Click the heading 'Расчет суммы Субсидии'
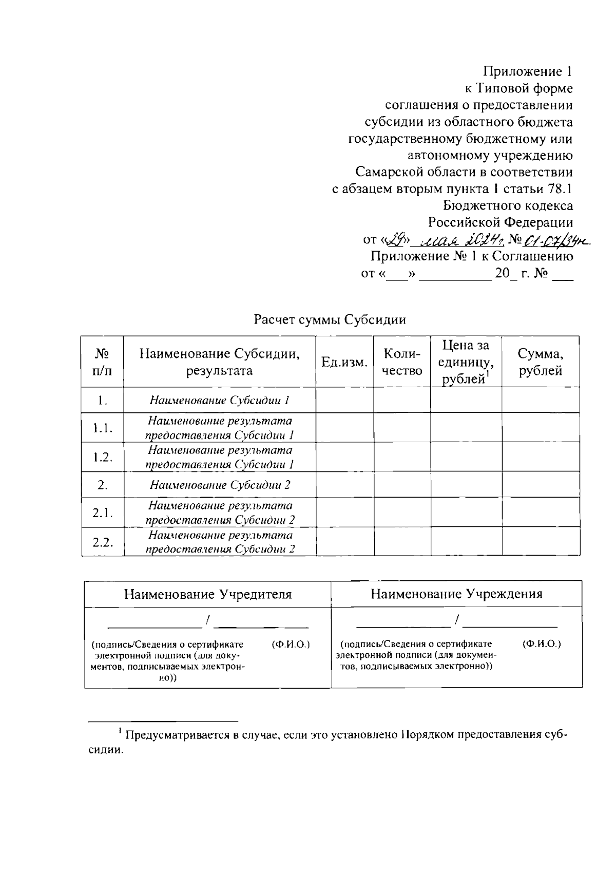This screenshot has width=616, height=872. (330, 320)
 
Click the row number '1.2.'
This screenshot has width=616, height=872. (103, 458)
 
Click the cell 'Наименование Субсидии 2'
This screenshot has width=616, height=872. (220, 485)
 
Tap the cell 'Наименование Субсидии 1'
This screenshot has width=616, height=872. (220, 401)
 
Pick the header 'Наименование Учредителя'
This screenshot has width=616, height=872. (208, 595)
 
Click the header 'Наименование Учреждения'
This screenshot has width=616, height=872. (457, 595)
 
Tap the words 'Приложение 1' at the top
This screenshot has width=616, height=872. (528, 71)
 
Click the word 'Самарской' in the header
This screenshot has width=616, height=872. (389, 172)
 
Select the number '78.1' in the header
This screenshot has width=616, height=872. (560, 189)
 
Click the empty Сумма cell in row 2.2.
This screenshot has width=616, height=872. (541, 542)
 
